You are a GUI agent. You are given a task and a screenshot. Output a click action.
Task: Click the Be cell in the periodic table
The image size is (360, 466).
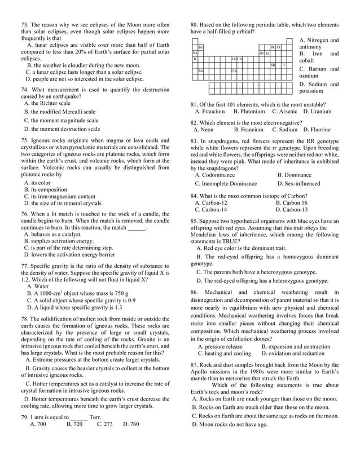point(200,47)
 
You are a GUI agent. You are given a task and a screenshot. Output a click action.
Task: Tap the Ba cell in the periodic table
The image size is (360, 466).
point(200,71)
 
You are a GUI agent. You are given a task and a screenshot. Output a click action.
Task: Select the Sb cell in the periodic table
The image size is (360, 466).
point(273,65)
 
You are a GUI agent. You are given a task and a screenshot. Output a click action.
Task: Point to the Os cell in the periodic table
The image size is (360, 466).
point(234,71)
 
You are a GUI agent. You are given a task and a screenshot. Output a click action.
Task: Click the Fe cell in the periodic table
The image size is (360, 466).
point(233,59)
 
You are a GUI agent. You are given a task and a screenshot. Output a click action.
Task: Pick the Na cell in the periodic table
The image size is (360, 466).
point(195,53)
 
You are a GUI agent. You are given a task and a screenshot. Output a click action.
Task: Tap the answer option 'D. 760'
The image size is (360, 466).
point(131,424)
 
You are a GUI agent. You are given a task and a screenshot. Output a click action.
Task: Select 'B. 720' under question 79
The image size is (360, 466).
point(74,424)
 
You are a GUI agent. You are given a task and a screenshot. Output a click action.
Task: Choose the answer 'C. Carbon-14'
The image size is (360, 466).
point(211,209)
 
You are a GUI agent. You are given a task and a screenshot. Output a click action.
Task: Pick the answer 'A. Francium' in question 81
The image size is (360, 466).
point(210,112)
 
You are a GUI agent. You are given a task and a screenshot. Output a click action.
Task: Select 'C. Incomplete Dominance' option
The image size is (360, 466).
point(226,183)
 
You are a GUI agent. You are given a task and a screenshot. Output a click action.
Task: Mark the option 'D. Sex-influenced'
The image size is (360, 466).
point(298,183)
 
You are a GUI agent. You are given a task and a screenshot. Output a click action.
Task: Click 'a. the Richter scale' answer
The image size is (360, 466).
point(47,103)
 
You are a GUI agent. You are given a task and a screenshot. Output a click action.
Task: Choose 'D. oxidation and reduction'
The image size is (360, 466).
point(293,354)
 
